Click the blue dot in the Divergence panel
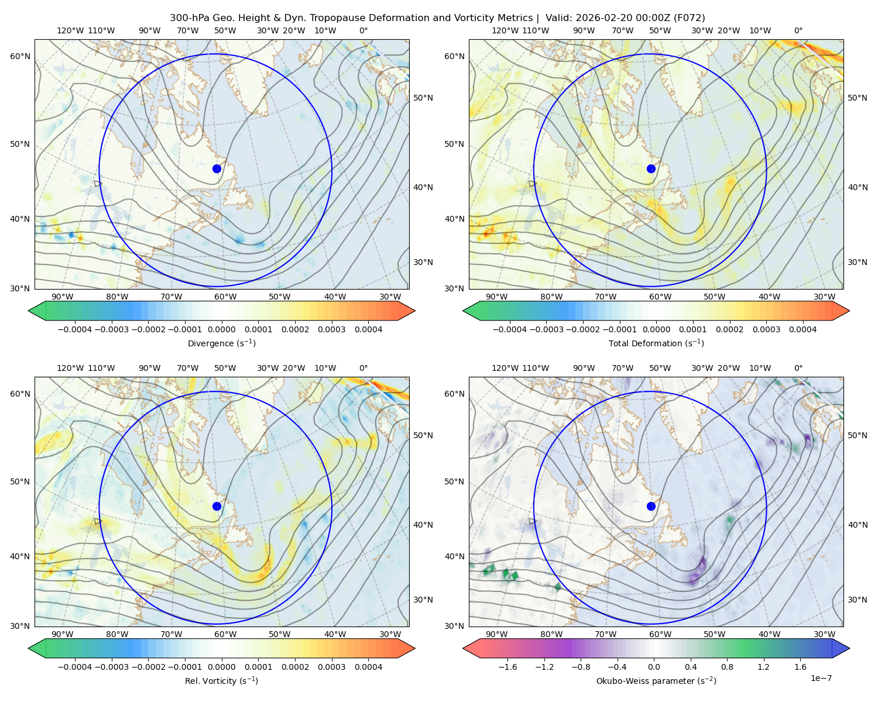pyautogui.click(x=217, y=168)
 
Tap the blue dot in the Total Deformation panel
pyautogui.click(x=651, y=168)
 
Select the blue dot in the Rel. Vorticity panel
pyautogui.click(x=217, y=506)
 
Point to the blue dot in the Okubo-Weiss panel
pyautogui.click(x=651, y=506)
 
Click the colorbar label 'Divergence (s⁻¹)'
pyautogui.click(x=221, y=343)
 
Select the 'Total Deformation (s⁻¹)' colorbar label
pyautogui.click(x=656, y=343)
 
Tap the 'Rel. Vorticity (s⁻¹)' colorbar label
pyautogui.click(x=221, y=680)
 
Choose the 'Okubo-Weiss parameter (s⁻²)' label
pyautogui.click(x=656, y=680)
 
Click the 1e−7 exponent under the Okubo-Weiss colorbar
pyautogui.click(x=821, y=678)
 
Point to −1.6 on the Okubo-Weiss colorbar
pyautogui.click(x=507, y=667)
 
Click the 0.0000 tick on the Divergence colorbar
pyautogui.click(x=221, y=329)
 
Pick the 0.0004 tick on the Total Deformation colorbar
pyautogui.click(x=803, y=329)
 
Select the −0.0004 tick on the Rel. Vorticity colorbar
pyautogui.click(x=75, y=667)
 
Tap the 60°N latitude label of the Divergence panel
pyautogui.click(x=20, y=56)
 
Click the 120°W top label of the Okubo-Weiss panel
pyautogui.click(x=505, y=368)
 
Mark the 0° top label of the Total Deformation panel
pyautogui.click(x=798, y=30)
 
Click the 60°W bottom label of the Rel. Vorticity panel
pyautogui.click(x=225, y=634)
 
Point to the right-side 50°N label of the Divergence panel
pyautogui.click(x=423, y=98)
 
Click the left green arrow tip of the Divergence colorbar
pyautogui.click(x=29, y=311)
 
